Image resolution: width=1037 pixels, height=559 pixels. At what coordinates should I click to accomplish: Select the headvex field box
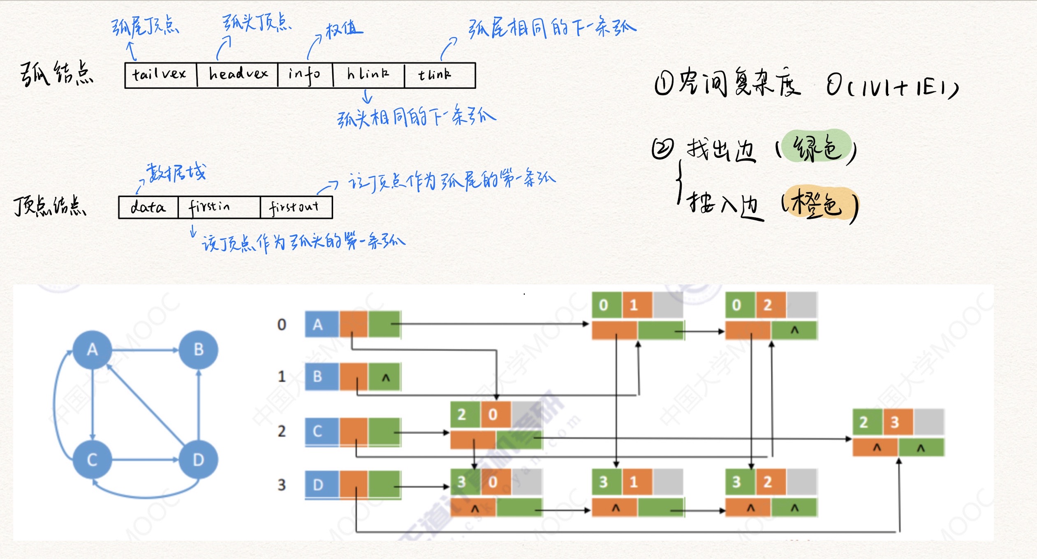coord(237,75)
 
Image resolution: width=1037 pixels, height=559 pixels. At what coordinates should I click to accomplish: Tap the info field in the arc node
coord(305,75)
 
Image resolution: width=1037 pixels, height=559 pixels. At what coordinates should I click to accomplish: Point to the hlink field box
coord(368,75)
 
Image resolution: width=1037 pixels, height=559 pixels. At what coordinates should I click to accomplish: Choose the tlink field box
coord(440,75)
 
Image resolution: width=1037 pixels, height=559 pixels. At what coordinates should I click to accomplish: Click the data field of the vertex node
coord(148,207)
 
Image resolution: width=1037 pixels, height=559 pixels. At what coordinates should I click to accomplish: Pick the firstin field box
coord(219,207)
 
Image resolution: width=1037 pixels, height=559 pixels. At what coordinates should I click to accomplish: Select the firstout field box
coord(296,207)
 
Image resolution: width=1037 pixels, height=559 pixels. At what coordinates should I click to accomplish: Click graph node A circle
coord(93,350)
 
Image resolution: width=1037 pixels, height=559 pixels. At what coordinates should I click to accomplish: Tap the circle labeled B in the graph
coord(199,350)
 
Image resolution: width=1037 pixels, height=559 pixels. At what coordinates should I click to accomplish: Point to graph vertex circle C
coord(92,459)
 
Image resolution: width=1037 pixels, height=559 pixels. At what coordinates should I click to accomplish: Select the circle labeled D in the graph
coord(199,459)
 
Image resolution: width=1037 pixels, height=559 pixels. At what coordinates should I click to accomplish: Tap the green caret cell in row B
coord(385,377)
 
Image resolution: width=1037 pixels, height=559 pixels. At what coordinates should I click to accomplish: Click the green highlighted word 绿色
coord(817,147)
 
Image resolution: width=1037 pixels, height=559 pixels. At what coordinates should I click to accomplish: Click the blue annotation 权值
coord(344,30)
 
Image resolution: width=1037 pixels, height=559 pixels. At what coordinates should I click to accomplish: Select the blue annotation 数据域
coord(176,173)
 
